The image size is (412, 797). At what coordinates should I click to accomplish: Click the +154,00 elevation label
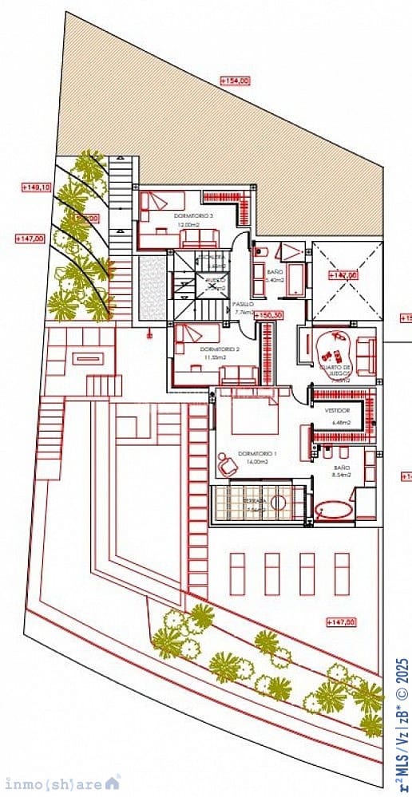[x=235, y=81]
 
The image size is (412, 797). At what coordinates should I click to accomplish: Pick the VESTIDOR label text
[x=337, y=410]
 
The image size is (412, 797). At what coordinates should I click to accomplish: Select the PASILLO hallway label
[x=243, y=304]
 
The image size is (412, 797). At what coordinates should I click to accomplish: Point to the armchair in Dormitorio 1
[x=227, y=463]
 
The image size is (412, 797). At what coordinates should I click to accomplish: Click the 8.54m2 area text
[x=342, y=475]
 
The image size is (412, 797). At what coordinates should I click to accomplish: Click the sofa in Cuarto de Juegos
[x=366, y=356]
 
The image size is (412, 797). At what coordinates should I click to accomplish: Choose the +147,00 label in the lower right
[x=342, y=621]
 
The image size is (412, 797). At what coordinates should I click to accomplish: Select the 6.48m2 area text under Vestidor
[x=336, y=422]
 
